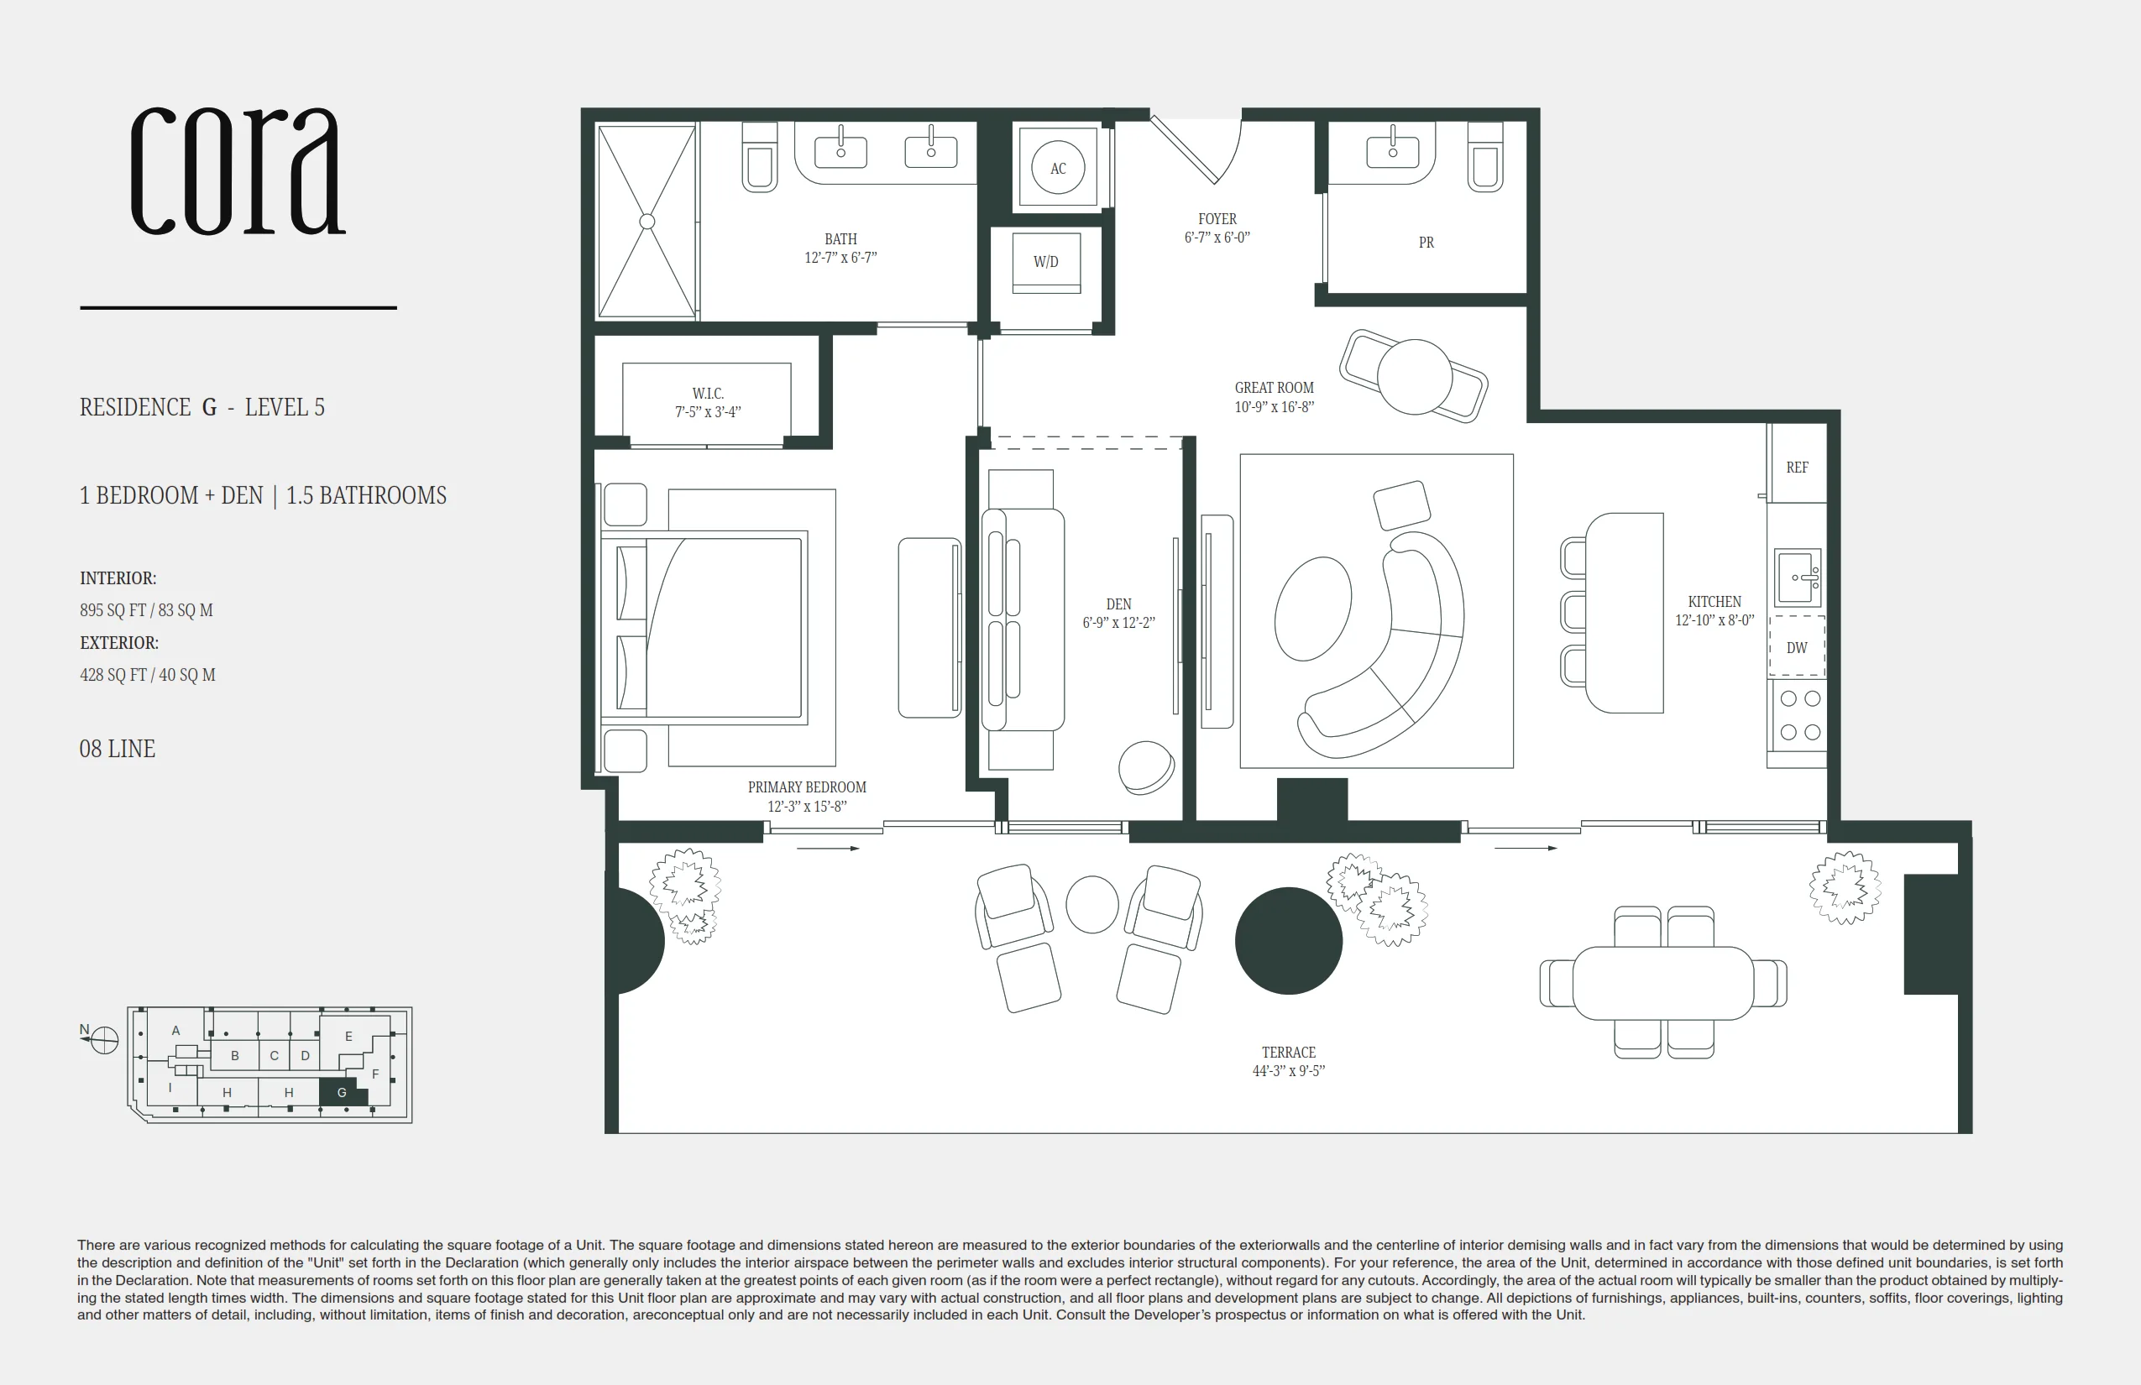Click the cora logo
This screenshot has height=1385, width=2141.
[238, 171]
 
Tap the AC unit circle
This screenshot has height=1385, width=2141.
[1058, 168]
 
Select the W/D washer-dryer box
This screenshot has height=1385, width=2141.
[1045, 263]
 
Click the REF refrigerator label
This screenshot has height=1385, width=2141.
[1797, 468]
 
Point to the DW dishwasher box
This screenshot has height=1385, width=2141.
[1797, 645]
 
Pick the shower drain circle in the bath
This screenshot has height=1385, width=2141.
[646, 222]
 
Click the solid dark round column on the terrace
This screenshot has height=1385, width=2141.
[1288, 941]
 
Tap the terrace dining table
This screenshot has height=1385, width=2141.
[1663, 982]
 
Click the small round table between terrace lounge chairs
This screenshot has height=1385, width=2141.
[1092, 904]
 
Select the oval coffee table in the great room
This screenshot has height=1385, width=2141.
[1313, 608]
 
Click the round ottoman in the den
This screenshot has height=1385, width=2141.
[1146, 767]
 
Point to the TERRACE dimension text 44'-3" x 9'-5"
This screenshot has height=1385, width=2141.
[1288, 1071]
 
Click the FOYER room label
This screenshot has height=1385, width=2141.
[1217, 218]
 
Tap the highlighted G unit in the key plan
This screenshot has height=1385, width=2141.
[343, 1091]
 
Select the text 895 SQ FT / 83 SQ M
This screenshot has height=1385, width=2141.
[147, 609]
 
